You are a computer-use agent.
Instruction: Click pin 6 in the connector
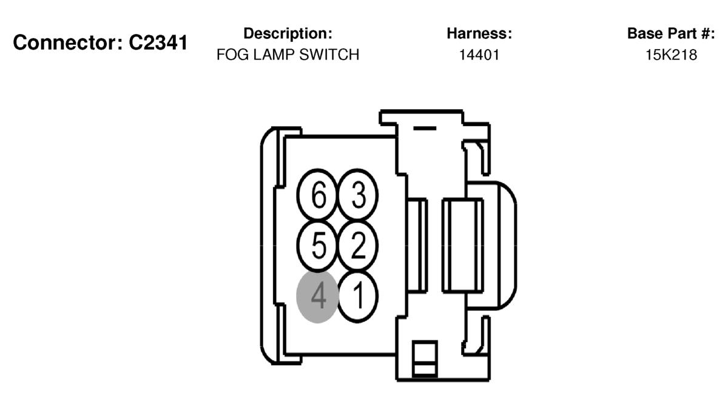tap(317, 195)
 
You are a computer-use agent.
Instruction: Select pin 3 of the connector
tap(357, 195)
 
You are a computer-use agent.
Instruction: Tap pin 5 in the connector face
tap(317, 246)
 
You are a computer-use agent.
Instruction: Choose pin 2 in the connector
tap(357, 246)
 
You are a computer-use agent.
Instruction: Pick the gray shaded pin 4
tap(317, 297)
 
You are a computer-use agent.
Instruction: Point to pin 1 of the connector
tap(357, 297)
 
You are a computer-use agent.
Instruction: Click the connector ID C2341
tap(158, 42)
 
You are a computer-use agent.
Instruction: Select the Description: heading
tap(288, 33)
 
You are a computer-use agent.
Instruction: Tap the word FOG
tap(233, 55)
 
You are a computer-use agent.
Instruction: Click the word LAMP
tap(274, 55)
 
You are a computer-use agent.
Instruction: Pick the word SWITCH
tap(329, 55)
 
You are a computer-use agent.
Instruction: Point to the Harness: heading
tap(479, 33)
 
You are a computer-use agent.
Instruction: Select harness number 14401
tap(479, 55)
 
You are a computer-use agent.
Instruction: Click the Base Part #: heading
tap(671, 33)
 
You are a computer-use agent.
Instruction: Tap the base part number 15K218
tap(671, 55)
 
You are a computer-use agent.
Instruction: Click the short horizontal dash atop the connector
tap(425, 129)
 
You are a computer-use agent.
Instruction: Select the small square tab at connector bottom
tap(425, 358)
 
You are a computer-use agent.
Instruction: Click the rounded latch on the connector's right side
tap(507, 245)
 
